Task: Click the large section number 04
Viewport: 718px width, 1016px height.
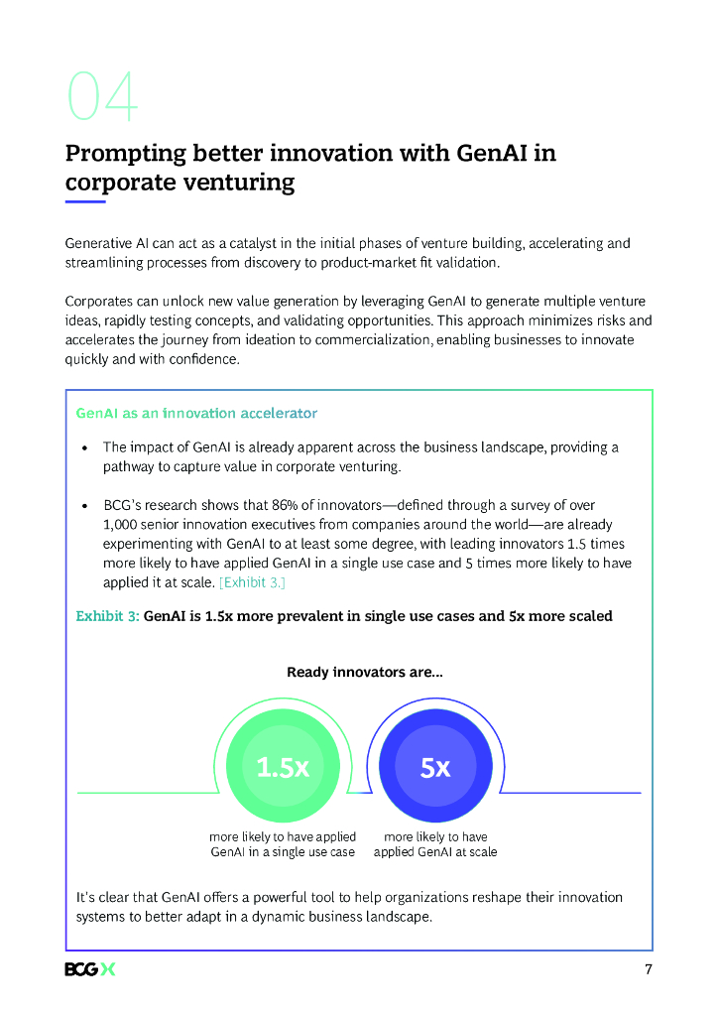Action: (102, 97)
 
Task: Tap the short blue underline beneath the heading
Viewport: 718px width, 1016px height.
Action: (85, 201)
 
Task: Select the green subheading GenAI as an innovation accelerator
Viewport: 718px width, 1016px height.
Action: (196, 413)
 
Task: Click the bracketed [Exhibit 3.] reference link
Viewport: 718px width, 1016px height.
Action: (252, 582)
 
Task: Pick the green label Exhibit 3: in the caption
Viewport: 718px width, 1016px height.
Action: (107, 616)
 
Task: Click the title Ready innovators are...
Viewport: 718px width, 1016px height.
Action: (364, 673)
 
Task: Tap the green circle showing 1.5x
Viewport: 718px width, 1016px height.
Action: (283, 767)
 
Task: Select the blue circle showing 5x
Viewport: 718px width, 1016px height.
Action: (435, 767)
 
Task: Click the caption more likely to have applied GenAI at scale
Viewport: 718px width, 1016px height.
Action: (435, 844)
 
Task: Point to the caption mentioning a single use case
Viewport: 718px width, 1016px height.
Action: (283, 844)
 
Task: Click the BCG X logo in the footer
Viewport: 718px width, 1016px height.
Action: (89, 969)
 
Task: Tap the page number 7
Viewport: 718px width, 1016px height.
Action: (649, 969)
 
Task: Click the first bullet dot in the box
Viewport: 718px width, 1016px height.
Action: (85, 447)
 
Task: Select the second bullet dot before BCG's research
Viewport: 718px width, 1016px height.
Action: (85, 506)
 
